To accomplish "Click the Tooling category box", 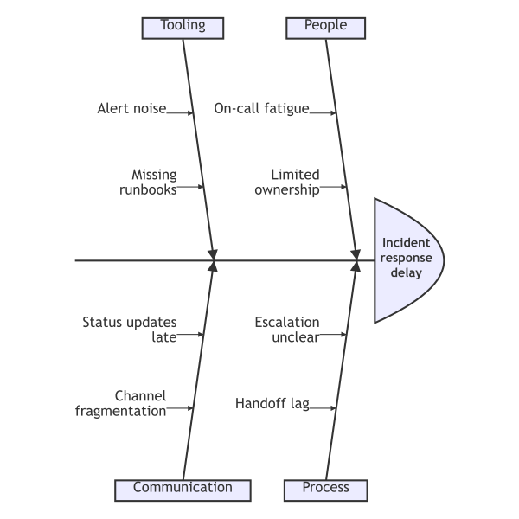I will [183, 26].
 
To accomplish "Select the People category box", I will [326, 26].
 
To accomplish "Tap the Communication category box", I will [183, 488].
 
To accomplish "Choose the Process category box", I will [326, 488].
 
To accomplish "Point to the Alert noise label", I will [131, 109].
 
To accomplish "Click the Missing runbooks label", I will [148, 181].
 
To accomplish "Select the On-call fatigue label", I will [261, 109].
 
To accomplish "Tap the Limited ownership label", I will [287, 181].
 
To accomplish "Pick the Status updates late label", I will [130, 330].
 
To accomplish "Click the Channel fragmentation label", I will [121, 403].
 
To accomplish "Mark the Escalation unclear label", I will [287, 330].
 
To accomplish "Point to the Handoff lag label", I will [272, 403].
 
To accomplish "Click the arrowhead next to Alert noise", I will [192, 112].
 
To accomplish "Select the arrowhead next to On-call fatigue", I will [334, 112].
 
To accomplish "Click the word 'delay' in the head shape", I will [406, 273].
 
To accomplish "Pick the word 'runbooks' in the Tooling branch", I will [148, 189].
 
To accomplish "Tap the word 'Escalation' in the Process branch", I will [287, 323].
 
